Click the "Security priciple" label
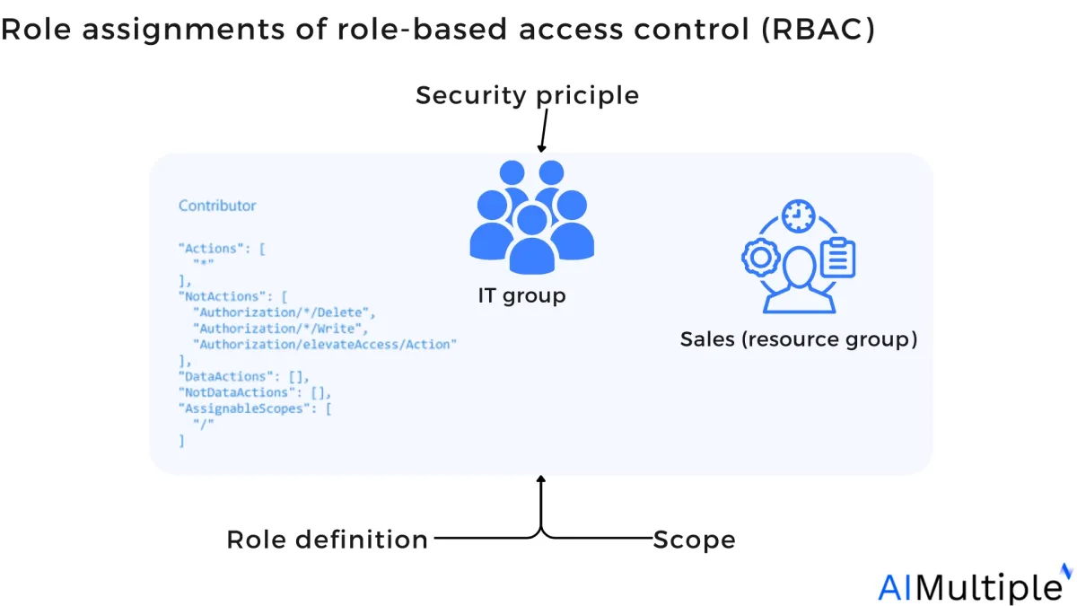pos(528,95)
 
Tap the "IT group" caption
pos(521,295)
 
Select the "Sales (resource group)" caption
pos(799,339)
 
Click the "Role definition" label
pos(327,540)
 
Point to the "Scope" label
pos(695,540)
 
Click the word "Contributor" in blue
pos(217,206)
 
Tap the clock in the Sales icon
pos(798,216)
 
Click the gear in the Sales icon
pos(761,258)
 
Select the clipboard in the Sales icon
pos(837,258)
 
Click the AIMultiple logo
pos(975,584)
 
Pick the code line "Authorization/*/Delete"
pos(284,312)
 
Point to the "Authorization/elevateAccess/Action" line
pos(325,345)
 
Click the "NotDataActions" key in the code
pos(236,392)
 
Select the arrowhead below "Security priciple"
pos(541,149)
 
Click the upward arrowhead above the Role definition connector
pos(541,479)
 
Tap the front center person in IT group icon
pos(531,241)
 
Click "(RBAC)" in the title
pos(819,29)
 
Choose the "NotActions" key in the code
pos(222,296)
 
